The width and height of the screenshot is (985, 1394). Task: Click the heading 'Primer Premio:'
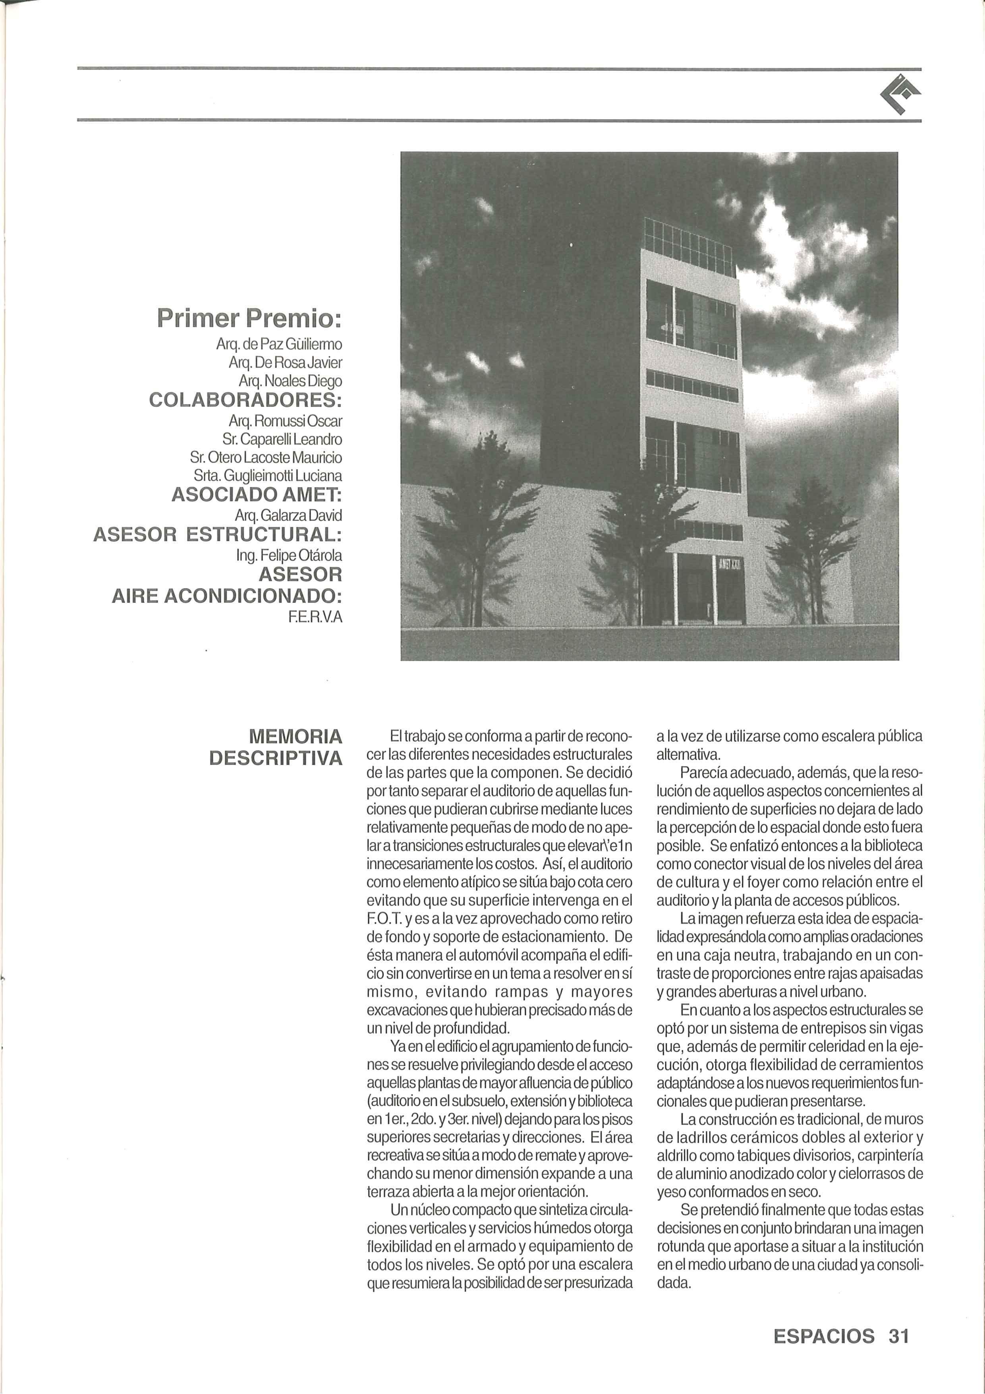click(x=249, y=318)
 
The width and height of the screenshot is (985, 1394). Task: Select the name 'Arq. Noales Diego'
click(x=290, y=381)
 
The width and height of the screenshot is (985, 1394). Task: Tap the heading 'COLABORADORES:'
click(x=245, y=401)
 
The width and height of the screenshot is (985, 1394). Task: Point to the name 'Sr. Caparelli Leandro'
click(x=282, y=439)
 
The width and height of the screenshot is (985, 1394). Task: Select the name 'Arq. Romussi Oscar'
click(x=285, y=420)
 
